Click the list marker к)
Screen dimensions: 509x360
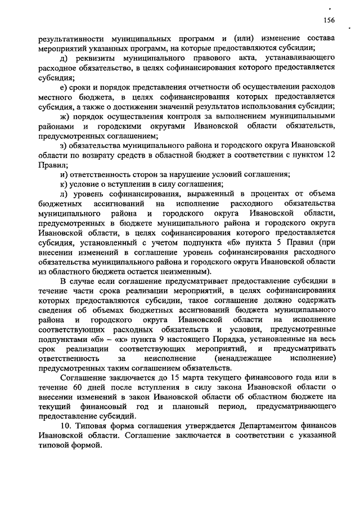pyautogui.click(x=64, y=184)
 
